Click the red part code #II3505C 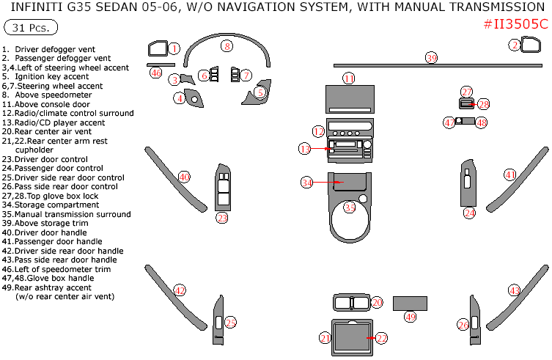[x=515, y=23]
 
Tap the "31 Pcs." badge [x=31, y=28]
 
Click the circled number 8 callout [x=227, y=46]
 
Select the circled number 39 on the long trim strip [x=432, y=58]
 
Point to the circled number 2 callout [x=515, y=45]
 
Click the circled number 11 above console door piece [x=349, y=78]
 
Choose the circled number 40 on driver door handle [x=185, y=177]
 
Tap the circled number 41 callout [x=509, y=175]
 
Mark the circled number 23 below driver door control [x=222, y=217]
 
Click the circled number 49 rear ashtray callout [x=410, y=317]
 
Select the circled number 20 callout [x=377, y=302]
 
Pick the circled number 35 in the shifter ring [x=350, y=208]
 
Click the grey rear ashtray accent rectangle [x=410, y=303]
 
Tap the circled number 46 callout [x=155, y=73]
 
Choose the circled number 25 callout [x=230, y=323]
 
